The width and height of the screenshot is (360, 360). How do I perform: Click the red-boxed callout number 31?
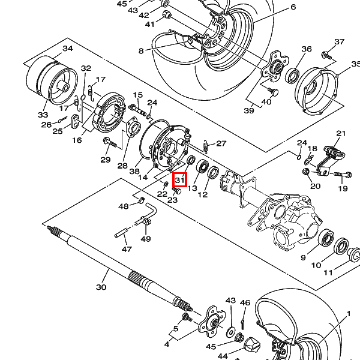tap(180, 180)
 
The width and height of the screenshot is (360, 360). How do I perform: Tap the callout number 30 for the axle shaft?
tap(101, 287)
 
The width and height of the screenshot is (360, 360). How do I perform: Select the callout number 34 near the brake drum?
tap(68, 49)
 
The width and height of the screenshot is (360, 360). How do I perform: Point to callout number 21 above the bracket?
tap(341, 133)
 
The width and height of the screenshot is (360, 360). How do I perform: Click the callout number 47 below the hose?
tap(127, 249)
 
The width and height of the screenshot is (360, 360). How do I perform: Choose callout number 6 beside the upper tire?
tap(293, 7)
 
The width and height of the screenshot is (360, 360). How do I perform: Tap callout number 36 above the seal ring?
tap(307, 49)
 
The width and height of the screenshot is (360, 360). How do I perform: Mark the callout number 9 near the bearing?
tap(303, 257)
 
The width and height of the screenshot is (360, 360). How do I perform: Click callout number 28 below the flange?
tap(122, 166)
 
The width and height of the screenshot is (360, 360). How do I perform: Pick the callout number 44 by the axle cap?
tap(223, 356)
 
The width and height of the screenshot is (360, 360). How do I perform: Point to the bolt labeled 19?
tap(343, 175)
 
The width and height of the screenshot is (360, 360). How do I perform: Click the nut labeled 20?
tap(305, 171)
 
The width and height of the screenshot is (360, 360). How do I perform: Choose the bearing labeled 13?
tap(203, 166)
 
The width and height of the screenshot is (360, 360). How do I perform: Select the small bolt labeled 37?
tap(327, 55)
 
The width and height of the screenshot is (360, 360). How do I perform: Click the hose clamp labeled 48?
tap(142, 200)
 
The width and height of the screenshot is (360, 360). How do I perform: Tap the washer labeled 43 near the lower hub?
tap(230, 332)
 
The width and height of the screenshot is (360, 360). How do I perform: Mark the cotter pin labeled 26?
tap(62, 120)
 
